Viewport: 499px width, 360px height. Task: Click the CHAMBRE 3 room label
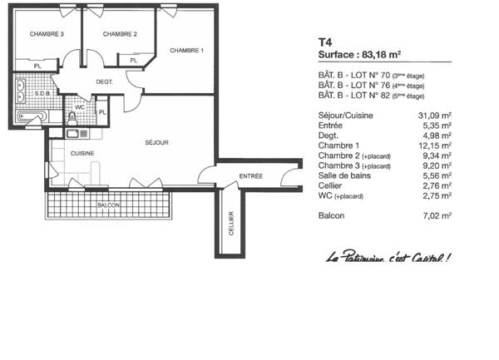[x=47, y=34]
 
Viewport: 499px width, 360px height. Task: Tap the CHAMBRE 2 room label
[x=120, y=34]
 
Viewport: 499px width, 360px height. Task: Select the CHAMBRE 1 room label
[x=186, y=51]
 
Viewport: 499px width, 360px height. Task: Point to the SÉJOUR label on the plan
[x=156, y=143]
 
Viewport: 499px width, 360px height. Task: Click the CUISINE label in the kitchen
[x=82, y=154]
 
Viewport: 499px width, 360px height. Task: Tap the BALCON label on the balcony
[x=108, y=205]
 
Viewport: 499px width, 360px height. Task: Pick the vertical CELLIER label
[x=231, y=223]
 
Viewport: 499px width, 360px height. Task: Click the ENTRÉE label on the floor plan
[x=250, y=176]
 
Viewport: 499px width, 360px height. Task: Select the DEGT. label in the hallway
[x=104, y=82]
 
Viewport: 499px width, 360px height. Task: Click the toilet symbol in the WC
[x=72, y=116]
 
